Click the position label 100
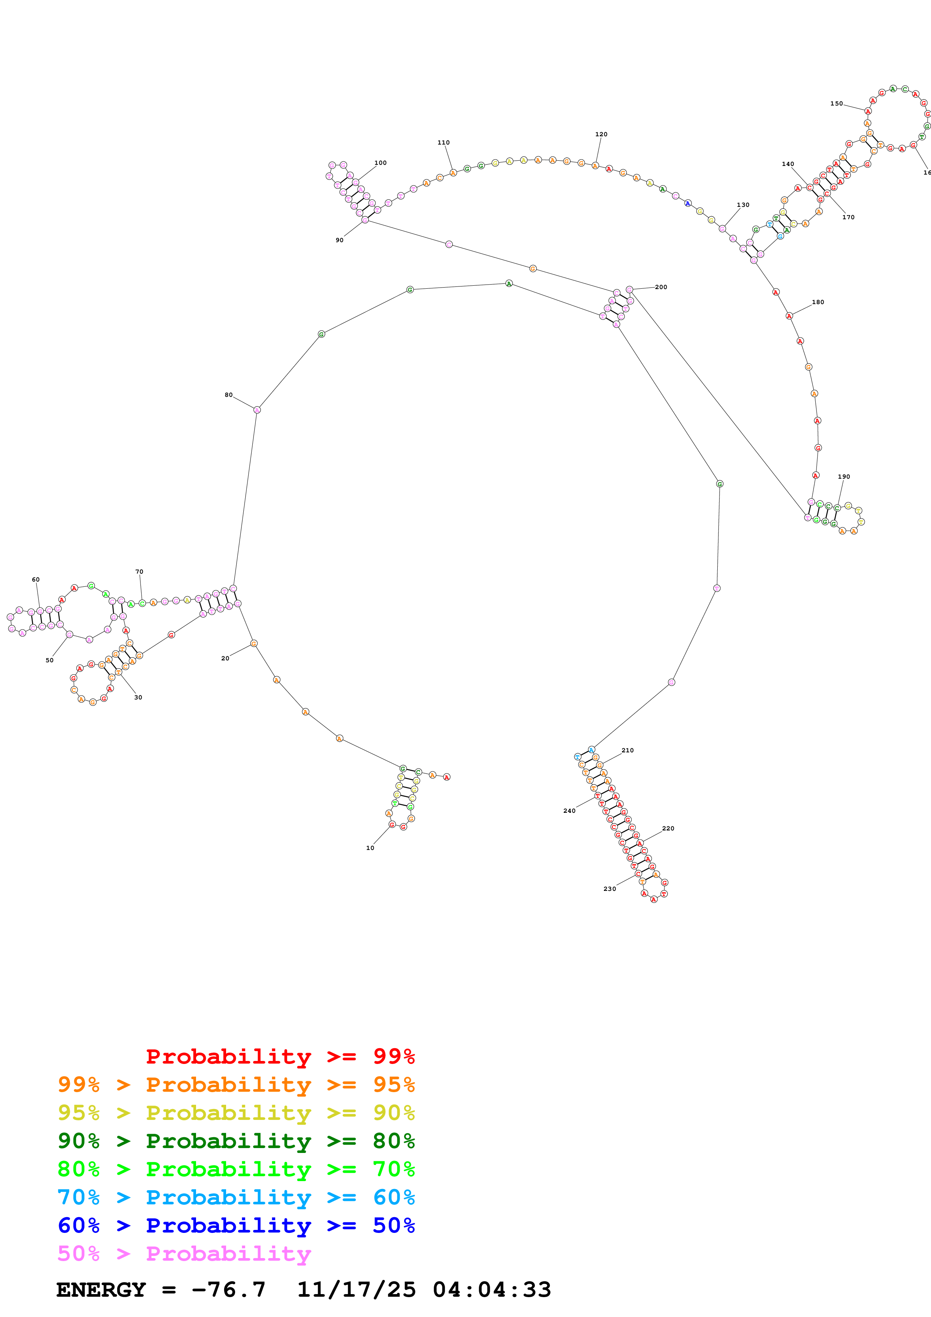[380, 163]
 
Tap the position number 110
[444, 143]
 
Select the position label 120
[601, 134]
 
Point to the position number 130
[743, 205]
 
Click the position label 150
[836, 104]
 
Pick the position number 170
[848, 217]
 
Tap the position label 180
[818, 302]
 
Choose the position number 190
[844, 477]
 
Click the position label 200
[661, 287]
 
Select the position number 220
[668, 828]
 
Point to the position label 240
[569, 811]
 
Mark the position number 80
[229, 395]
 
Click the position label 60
[36, 579]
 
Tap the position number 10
[370, 848]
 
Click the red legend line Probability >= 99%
[280, 1056]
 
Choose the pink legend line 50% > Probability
[184, 1254]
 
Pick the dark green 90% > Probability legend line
[236, 1141]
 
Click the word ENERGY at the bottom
[101, 1290]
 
